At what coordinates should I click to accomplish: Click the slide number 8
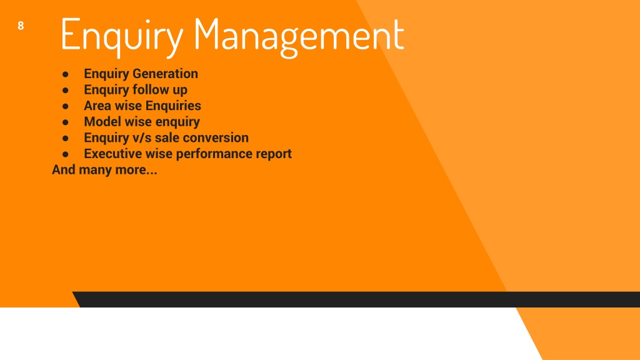[x=21, y=26]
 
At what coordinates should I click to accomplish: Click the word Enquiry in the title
[x=122, y=36]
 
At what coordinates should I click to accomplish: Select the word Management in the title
[x=299, y=36]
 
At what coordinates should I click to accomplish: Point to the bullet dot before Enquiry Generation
[x=65, y=74]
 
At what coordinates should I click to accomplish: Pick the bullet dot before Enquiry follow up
[x=65, y=90]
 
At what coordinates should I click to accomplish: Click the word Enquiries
[x=173, y=106]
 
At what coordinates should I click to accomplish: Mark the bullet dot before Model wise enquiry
[x=65, y=122]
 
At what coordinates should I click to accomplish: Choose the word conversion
[x=216, y=137]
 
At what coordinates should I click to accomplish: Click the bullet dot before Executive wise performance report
[x=65, y=154]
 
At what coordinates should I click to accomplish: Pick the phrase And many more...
[x=104, y=170]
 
